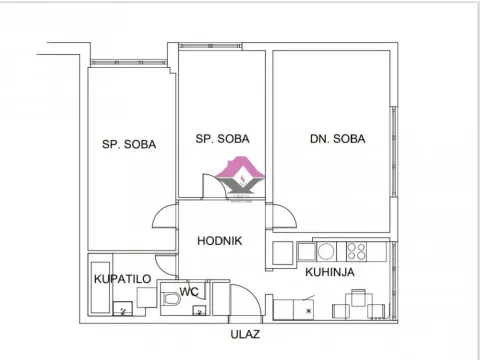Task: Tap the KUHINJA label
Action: (x=329, y=271)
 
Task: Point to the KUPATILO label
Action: (x=121, y=280)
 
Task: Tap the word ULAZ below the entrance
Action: (x=245, y=335)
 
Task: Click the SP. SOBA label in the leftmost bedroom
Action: (x=128, y=144)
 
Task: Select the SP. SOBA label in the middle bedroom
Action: (x=222, y=139)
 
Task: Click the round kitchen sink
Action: (x=324, y=250)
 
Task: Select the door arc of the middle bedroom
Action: (x=212, y=185)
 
